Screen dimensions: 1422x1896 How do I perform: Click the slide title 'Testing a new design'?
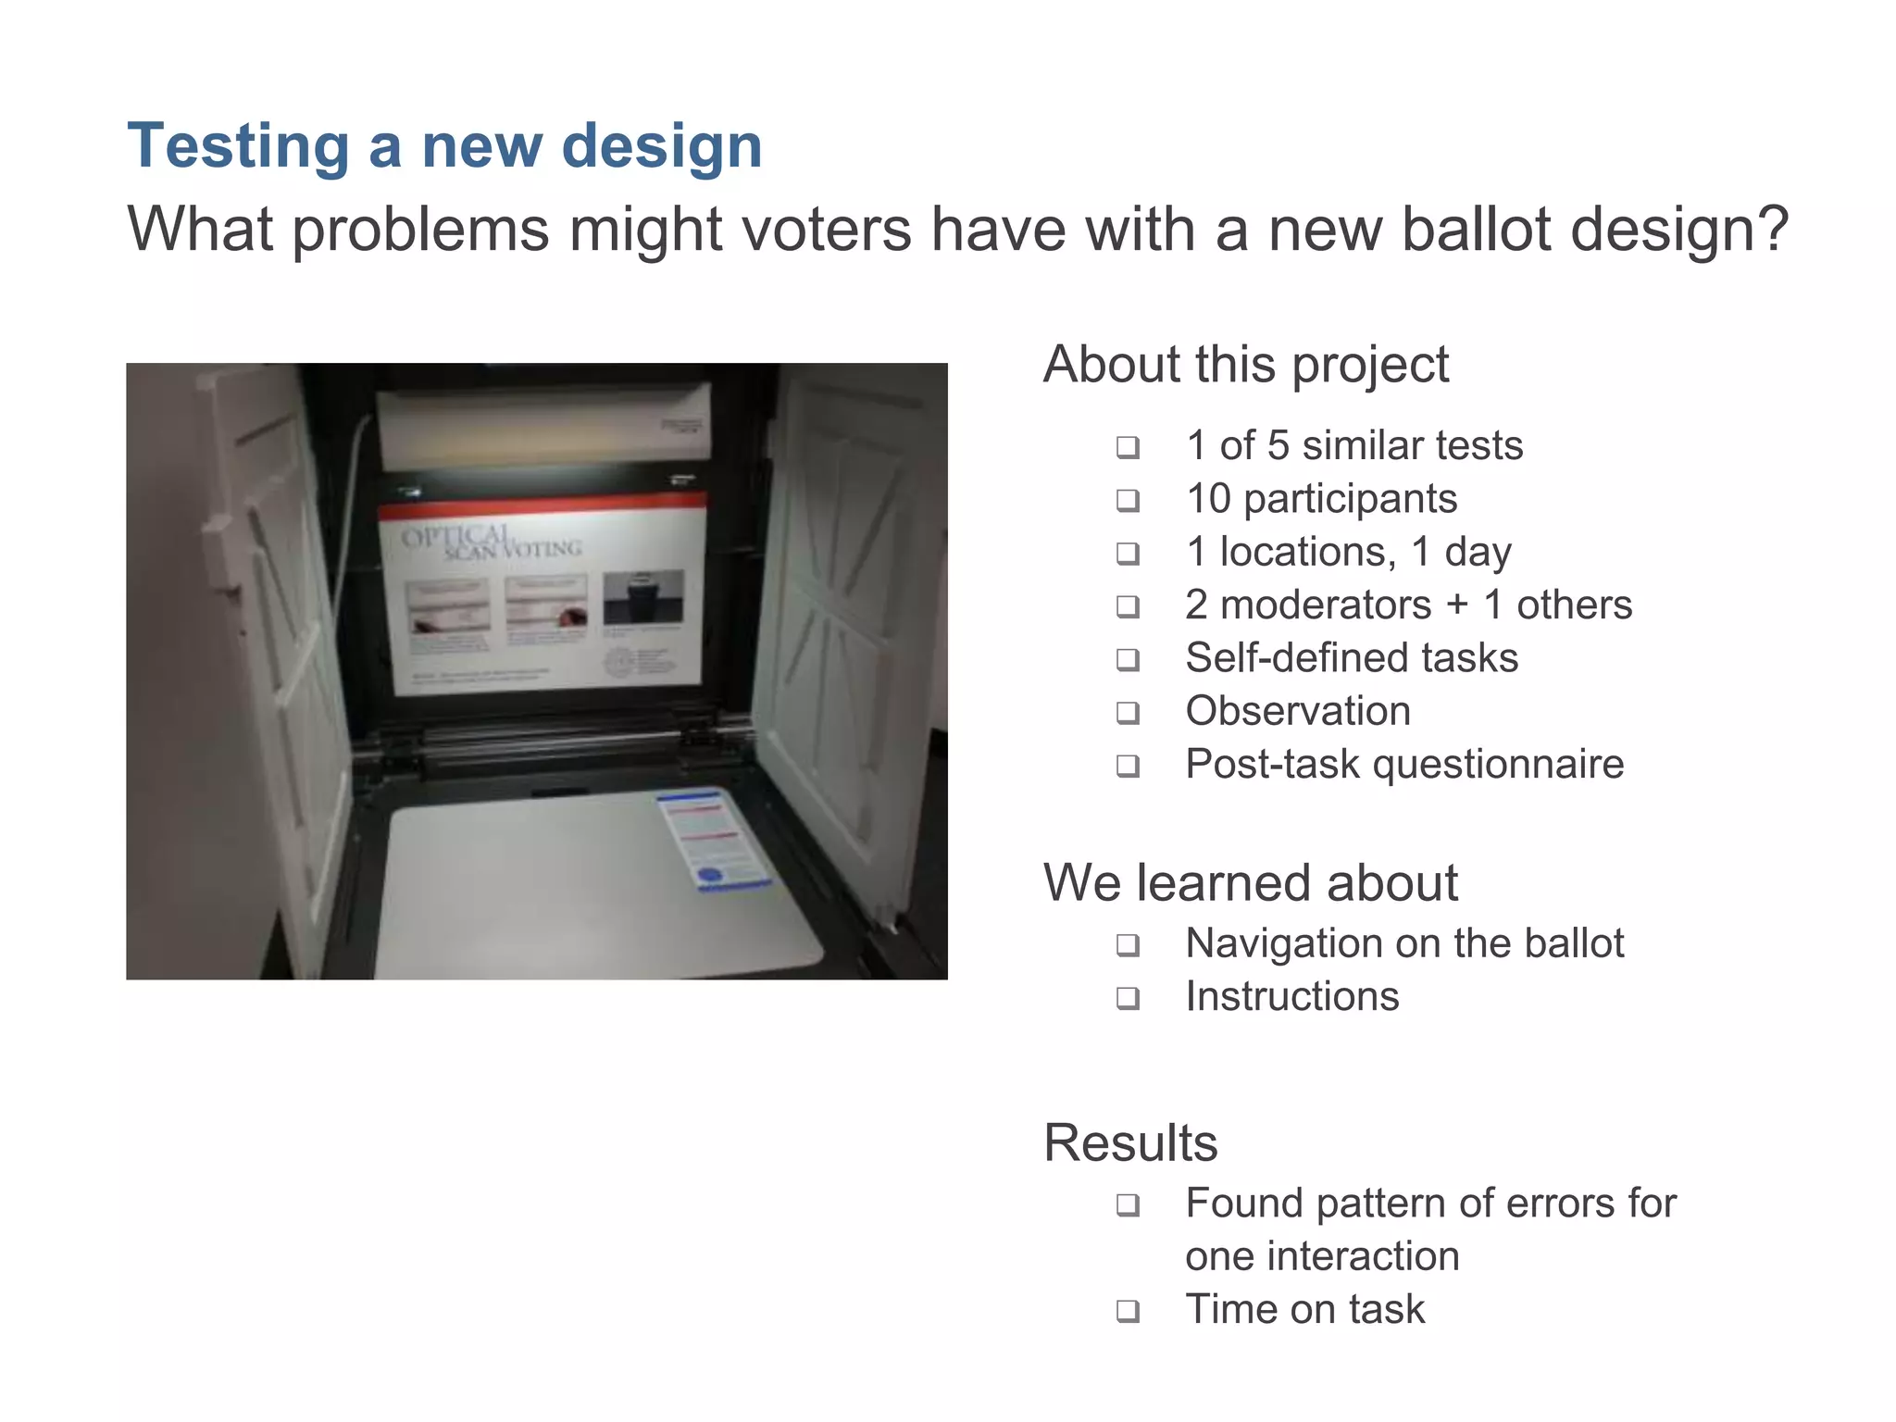pyautogui.click(x=444, y=146)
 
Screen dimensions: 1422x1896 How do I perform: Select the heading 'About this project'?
pyautogui.click(x=1245, y=364)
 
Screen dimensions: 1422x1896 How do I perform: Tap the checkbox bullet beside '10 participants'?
pyautogui.click(x=1128, y=501)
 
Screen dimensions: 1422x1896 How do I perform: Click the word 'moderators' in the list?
pyautogui.click(x=1326, y=605)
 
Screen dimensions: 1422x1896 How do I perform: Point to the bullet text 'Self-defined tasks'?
pyautogui.click(x=1352, y=658)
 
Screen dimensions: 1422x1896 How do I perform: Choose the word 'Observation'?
pyautogui.click(x=1298, y=711)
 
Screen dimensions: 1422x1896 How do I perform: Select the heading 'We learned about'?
pyautogui.click(x=1250, y=882)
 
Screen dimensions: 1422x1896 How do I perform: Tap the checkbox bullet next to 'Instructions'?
pyautogui.click(x=1128, y=998)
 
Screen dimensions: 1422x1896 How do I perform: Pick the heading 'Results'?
pyautogui.click(x=1130, y=1142)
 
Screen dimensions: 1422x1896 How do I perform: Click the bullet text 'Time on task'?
pyautogui.click(x=1304, y=1309)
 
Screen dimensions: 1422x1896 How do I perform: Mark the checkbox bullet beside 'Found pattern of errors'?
pyautogui.click(x=1128, y=1205)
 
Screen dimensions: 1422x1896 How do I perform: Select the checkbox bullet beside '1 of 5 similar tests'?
pyautogui.click(x=1128, y=447)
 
